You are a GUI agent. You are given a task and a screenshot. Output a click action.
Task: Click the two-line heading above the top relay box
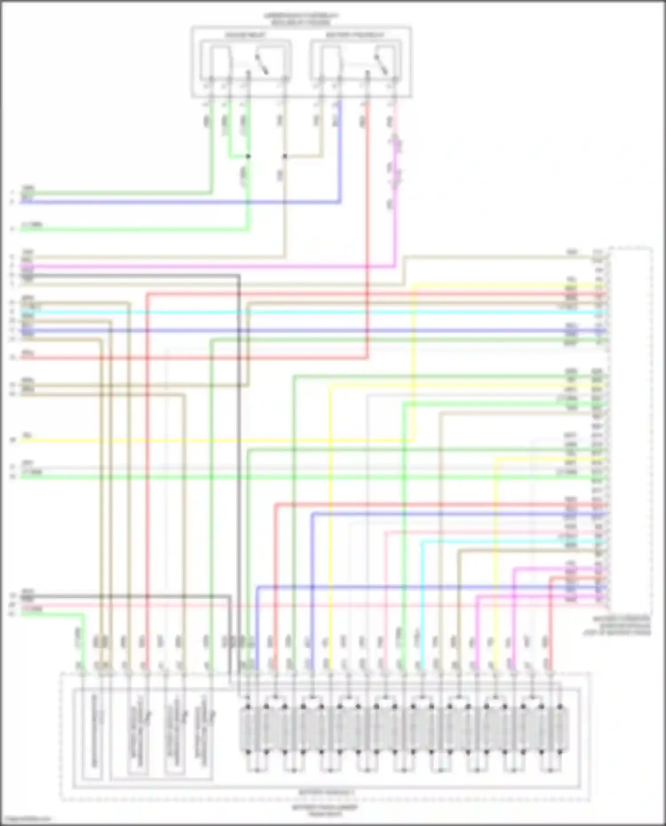(301, 19)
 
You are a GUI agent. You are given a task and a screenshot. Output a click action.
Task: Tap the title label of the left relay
(245, 35)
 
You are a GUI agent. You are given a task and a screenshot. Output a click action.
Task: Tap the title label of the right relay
(355, 35)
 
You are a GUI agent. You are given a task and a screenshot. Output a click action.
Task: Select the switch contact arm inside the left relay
(262, 63)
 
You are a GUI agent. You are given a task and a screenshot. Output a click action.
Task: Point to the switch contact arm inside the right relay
(381, 63)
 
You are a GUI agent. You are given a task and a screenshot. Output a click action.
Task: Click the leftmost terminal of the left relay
(211, 80)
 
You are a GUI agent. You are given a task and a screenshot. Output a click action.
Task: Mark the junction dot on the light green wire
(248, 156)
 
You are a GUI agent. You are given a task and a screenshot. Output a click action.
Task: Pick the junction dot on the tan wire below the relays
(285, 156)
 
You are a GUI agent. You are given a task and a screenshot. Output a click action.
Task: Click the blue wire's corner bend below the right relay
(340, 202)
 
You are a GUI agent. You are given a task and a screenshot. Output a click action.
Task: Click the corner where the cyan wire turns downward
(422, 542)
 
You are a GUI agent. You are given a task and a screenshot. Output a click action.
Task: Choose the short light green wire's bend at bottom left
(83, 615)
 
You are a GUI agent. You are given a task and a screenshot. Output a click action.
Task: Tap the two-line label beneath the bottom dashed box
(325, 810)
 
